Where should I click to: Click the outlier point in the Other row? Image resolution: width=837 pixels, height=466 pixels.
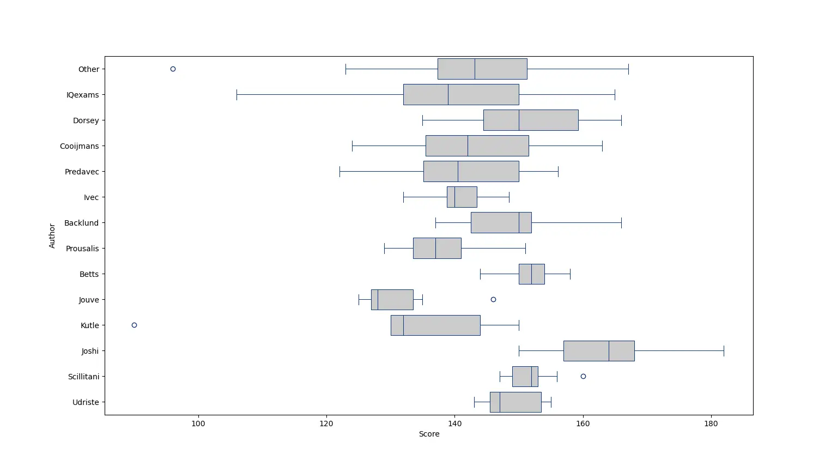coord(173,69)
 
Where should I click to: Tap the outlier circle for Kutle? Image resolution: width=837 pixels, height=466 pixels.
coord(134,325)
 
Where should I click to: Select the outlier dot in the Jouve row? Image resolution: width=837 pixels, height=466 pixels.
coord(493,300)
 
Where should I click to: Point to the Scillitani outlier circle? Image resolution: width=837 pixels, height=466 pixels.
coord(583,377)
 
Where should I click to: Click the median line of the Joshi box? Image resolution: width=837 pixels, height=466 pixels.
coord(609,351)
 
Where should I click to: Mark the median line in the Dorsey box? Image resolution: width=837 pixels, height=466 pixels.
coord(519,120)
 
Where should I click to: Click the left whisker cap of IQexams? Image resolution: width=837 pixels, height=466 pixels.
coord(236,95)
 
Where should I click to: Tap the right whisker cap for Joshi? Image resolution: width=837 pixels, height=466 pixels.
coord(724,351)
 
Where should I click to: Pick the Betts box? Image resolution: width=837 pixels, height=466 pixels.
coord(531,274)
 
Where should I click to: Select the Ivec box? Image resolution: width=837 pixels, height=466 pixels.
coord(462,197)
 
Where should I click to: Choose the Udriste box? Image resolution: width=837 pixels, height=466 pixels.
coord(515,402)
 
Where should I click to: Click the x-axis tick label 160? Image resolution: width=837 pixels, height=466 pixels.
coord(583,423)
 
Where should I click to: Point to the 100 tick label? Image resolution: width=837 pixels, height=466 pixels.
coord(198,423)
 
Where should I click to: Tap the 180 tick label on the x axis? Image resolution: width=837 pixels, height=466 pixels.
coord(711,423)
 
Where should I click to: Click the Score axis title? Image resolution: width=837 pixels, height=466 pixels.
coord(429,434)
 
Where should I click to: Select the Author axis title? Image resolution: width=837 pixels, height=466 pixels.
coord(52,236)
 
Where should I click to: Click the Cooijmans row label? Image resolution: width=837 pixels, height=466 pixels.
coord(80,146)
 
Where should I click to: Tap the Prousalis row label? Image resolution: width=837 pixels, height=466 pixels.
coord(82,249)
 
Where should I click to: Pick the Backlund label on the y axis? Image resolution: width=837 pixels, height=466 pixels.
coord(81,223)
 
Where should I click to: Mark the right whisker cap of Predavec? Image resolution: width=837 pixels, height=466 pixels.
coord(558,172)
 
